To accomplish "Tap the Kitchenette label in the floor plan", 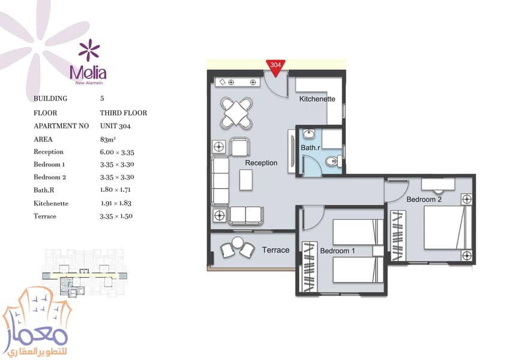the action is (x=317, y=98).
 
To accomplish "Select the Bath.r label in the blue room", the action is (x=310, y=148).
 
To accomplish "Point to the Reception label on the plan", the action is (x=261, y=163).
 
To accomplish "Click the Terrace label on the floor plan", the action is (x=276, y=250).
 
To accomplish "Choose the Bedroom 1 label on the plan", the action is (x=337, y=251).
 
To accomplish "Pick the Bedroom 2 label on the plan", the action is (x=424, y=199).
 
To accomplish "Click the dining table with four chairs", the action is (x=236, y=113).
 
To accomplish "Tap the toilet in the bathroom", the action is (x=333, y=161).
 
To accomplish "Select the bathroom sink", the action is (x=309, y=133).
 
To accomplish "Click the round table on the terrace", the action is (x=237, y=242).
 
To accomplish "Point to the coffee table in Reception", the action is (x=246, y=180).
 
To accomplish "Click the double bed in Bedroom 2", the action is (x=448, y=227).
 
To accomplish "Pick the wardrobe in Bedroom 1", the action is (x=309, y=266).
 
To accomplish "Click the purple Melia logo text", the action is (x=88, y=73).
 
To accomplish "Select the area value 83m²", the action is (x=108, y=139).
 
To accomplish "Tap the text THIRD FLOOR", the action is (x=124, y=113).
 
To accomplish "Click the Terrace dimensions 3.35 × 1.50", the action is (x=116, y=216).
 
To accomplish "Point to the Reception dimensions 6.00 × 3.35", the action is (x=117, y=152).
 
